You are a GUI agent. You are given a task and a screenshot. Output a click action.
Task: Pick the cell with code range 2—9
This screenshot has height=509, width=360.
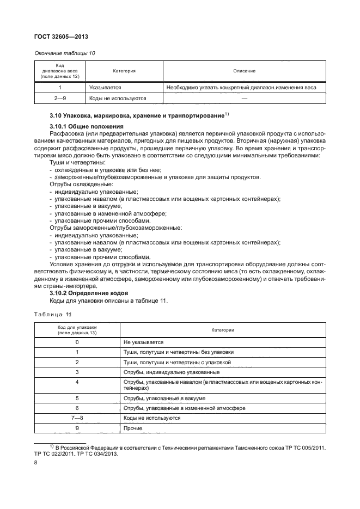60,99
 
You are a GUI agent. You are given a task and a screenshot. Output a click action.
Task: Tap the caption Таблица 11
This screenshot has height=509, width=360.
53,315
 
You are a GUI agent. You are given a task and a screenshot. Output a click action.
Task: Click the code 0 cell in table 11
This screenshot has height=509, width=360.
77,342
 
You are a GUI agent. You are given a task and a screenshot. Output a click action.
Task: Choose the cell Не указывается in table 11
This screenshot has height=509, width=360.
144,342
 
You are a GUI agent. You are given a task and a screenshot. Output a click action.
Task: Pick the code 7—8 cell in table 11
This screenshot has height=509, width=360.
77,418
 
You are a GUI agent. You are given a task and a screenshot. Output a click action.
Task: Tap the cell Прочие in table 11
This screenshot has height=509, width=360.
133,428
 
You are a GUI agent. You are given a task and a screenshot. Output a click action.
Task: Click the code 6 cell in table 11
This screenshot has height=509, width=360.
77,408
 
